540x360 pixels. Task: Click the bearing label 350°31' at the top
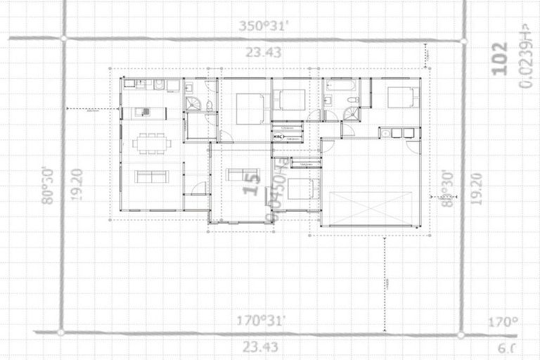[262, 27]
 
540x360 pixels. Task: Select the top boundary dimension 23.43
[262, 52]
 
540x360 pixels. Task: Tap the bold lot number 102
[500, 58]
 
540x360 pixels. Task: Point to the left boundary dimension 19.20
[77, 185]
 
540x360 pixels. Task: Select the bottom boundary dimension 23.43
[260, 347]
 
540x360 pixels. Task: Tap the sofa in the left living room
[151, 176]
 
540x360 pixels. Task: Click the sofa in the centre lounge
[243, 174]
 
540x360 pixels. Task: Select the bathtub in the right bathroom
[342, 86]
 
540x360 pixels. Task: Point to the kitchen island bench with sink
[145, 112]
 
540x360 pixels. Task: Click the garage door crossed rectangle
[368, 207]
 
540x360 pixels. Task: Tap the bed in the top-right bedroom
[402, 96]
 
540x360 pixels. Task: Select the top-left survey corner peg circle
[64, 38]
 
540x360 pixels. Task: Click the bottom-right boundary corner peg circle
[461, 335]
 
